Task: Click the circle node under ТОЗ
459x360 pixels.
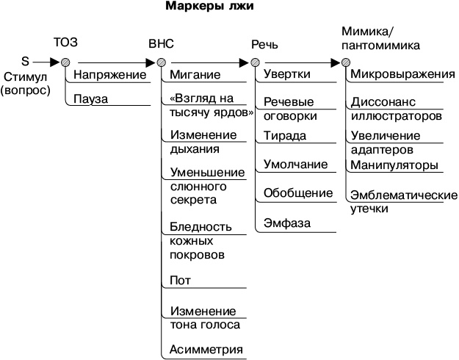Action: [65, 62]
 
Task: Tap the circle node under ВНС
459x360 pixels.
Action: [161, 62]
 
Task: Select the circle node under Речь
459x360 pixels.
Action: [255, 62]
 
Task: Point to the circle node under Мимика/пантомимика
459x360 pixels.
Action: [345, 62]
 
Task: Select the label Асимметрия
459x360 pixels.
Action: [206, 348]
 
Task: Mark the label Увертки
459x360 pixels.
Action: [286, 75]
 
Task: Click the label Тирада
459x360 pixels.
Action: [285, 136]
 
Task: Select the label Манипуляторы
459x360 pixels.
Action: [394, 165]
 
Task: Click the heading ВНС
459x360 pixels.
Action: [161, 43]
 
